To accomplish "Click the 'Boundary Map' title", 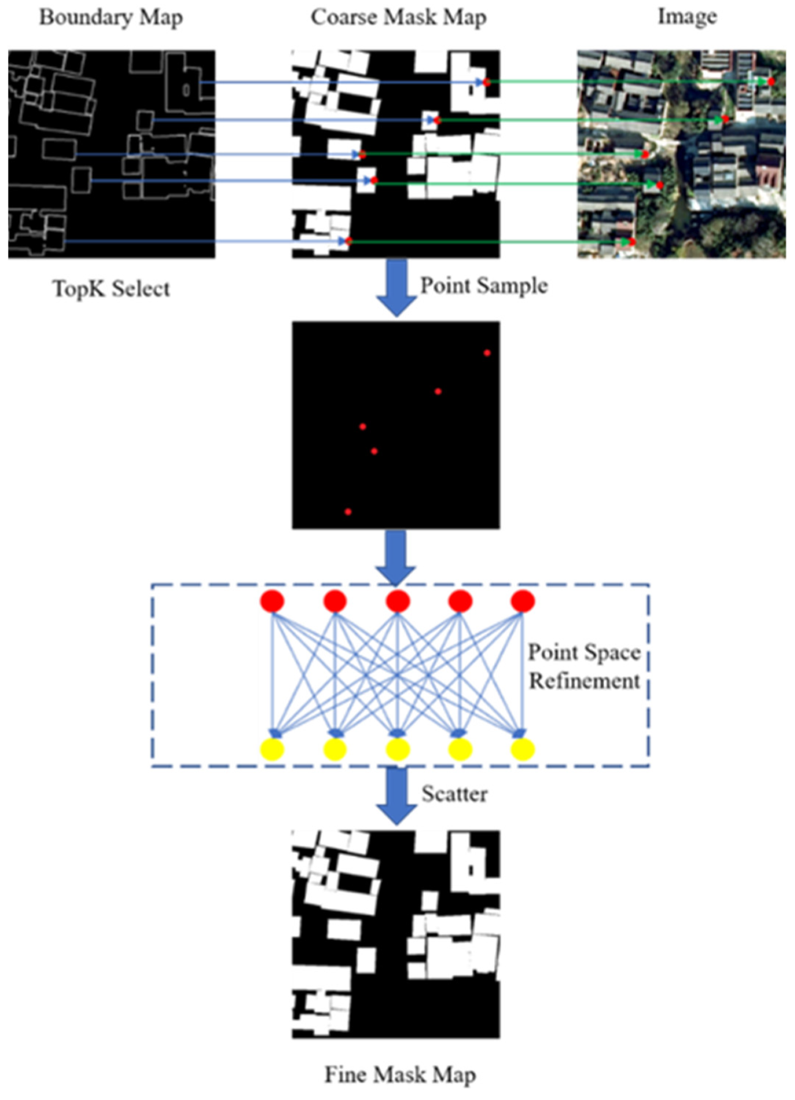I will click(111, 17).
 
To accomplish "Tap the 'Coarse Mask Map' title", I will click(398, 17).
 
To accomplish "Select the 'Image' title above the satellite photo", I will click(687, 17).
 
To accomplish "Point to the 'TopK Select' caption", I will click(111, 288).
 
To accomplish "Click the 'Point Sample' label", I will click(483, 286).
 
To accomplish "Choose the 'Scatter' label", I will click(454, 794).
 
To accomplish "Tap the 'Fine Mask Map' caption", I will click(399, 1074).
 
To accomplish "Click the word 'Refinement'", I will click(584, 681).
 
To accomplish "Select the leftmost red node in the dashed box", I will click(272, 601).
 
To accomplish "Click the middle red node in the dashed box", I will click(398, 601).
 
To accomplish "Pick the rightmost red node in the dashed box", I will click(522, 601).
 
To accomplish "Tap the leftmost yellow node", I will click(272, 749).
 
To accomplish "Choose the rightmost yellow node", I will click(522, 749).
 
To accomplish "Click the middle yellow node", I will click(398, 749).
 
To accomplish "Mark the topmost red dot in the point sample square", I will click(487, 353).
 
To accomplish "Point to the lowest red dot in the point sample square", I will click(348, 511).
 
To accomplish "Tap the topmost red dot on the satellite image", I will click(771, 81).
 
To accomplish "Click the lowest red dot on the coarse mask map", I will click(349, 242).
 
